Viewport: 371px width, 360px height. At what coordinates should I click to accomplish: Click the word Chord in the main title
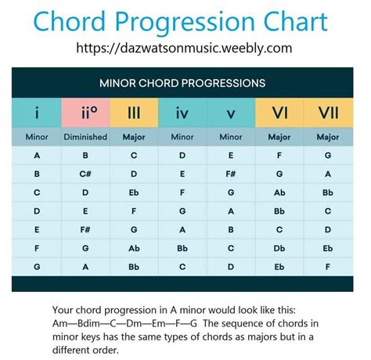click(x=69, y=21)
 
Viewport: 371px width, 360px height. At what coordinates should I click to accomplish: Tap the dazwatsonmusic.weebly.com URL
click(x=184, y=48)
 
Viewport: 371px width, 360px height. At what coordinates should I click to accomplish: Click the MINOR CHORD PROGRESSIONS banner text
click(x=182, y=83)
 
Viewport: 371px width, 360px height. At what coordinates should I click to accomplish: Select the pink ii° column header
click(x=85, y=113)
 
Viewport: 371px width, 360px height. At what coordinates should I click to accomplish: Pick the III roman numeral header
click(x=134, y=113)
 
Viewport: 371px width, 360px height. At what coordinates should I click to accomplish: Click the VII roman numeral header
click(x=329, y=113)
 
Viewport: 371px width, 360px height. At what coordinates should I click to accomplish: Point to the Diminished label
click(x=85, y=137)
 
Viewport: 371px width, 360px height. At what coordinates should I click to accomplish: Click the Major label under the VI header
click(x=279, y=137)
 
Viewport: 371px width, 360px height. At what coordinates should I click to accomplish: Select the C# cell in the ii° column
click(x=85, y=174)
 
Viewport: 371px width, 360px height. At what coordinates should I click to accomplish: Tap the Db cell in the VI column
click(x=279, y=248)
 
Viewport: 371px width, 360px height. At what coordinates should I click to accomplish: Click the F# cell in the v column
click(x=231, y=174)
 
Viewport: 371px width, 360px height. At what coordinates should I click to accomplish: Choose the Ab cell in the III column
click(x=134, y=248)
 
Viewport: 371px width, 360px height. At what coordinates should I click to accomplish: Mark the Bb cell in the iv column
click(x=182, y=248)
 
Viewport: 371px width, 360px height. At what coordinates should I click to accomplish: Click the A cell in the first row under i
click(x=37, y=156)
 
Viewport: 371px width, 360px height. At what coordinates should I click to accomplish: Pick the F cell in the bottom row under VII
click(x=328, y=267)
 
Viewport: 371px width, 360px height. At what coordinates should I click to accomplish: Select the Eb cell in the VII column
click(x=328, y=248)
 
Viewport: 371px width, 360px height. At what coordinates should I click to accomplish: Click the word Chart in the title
click(x=296, y=21)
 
